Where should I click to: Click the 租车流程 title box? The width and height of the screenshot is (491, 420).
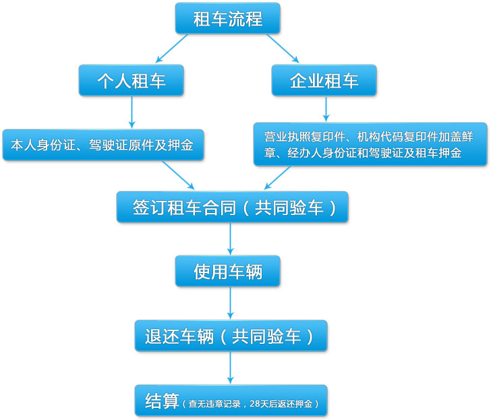(227, 19)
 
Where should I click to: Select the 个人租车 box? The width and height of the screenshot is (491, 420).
(131, 81)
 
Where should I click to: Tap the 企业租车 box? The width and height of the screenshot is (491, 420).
(324, 81)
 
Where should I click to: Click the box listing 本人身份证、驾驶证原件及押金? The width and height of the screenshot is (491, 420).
(103, 144)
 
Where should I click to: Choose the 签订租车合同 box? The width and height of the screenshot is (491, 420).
(232, 208)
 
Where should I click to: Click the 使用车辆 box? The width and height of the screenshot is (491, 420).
(227, 272)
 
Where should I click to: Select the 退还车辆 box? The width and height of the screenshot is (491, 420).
(231, 335)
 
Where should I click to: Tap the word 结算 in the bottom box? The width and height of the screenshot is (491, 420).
(162, 402)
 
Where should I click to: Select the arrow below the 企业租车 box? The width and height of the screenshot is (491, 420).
(326, 110)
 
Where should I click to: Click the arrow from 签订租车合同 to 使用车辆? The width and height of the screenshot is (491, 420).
(231, 238)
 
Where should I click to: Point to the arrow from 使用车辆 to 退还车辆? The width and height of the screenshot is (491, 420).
(231, 302)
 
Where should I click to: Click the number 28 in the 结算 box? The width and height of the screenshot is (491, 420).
(255, 404)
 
